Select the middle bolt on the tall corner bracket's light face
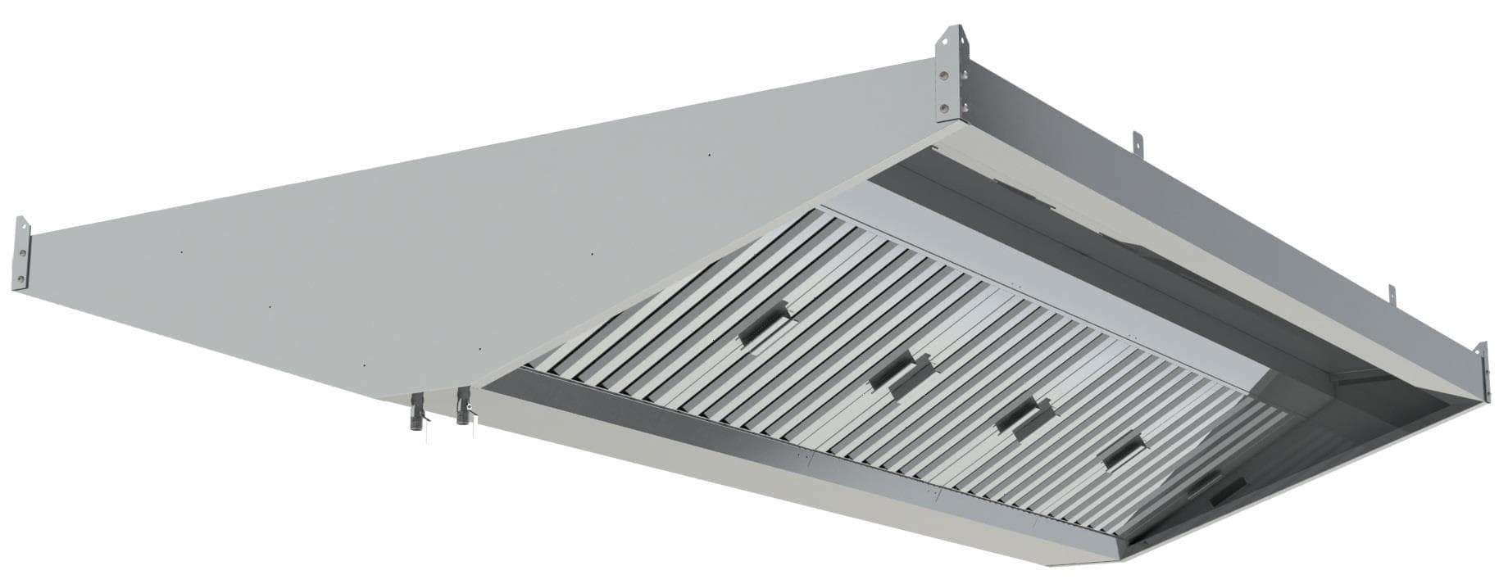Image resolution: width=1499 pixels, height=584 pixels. pyautogui.click(x=943, y=74)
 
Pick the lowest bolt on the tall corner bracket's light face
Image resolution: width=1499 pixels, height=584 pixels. pyautogui.click(x=943, y=106)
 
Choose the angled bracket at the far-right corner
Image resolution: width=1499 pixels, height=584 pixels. pyautogui.click(x=1481, y=373)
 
